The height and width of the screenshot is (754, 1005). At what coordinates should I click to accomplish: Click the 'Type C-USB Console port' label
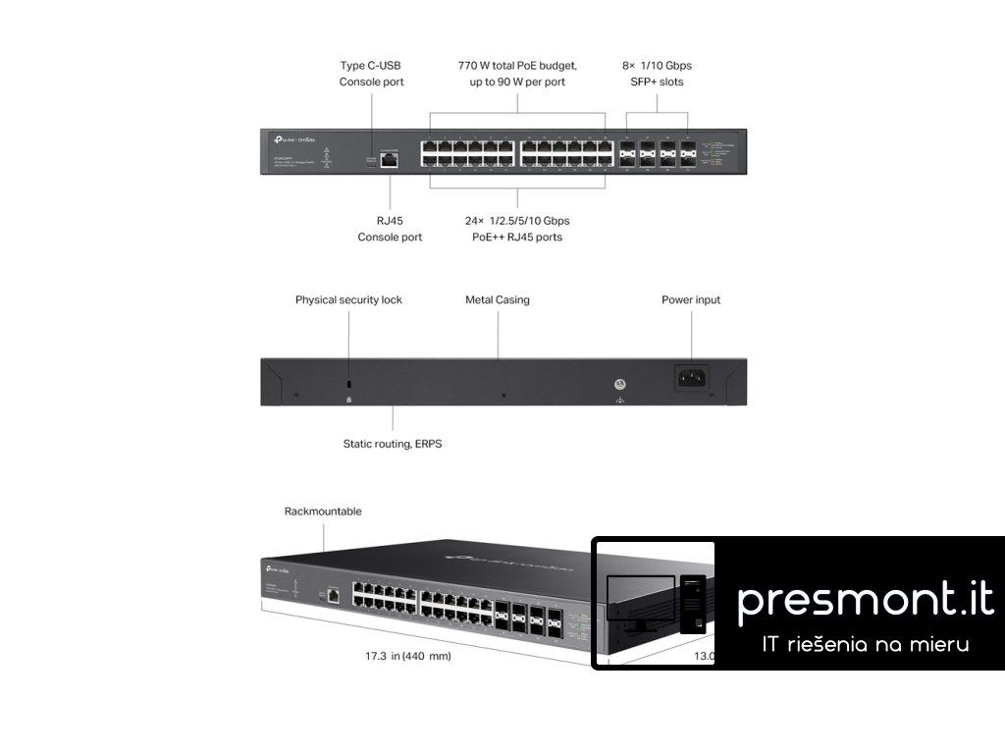tap(371, 74)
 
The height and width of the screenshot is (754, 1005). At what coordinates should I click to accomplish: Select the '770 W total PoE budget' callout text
tap(517, 66)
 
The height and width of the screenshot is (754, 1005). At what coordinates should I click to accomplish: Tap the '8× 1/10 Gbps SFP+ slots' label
tap(658, 74)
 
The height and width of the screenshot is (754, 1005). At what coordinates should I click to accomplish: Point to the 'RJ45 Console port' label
tap(390, 229)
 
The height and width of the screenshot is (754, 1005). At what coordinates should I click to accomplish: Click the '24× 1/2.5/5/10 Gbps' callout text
tap(517, 221)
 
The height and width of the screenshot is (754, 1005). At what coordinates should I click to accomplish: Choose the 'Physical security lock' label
tap(348, 299)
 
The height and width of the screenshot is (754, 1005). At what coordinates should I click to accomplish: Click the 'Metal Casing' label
tap(498, 299)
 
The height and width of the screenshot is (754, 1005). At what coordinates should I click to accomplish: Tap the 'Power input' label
tap(691, 299)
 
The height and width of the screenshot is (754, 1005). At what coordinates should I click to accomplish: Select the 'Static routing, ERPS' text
tap(393, 444)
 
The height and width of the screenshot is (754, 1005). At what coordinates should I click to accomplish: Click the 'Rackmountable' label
tap(323, 511)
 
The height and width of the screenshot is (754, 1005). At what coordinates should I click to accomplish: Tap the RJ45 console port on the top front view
tap(391, 159)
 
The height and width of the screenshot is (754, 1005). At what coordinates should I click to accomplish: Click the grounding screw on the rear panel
tap(620, 385)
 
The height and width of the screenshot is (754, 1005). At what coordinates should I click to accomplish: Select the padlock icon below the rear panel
tap(349, 400)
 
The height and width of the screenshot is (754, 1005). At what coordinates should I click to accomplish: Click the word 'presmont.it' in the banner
tap(865, 599)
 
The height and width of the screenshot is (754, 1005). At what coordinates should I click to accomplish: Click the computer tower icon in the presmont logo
tap(693, 603)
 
